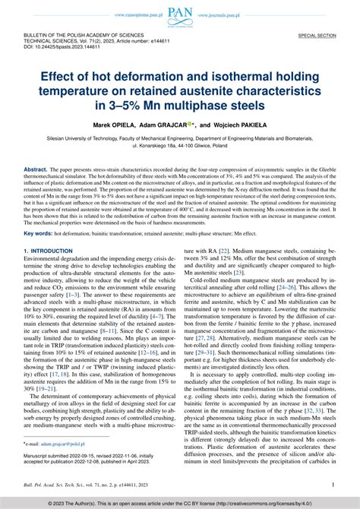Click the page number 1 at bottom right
(333, 482)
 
